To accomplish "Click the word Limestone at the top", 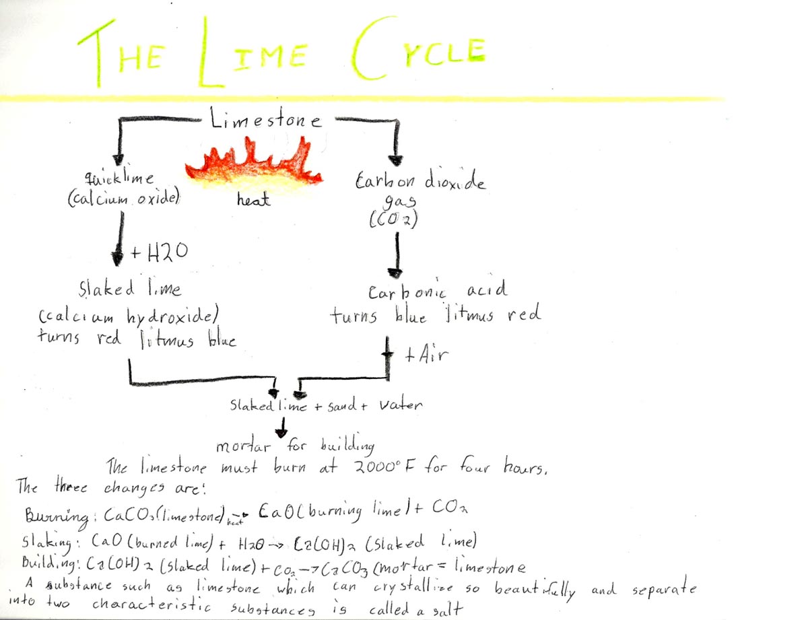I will [265, 121].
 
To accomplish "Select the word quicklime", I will [119, 179].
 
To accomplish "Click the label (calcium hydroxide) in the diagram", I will [130, 317].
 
